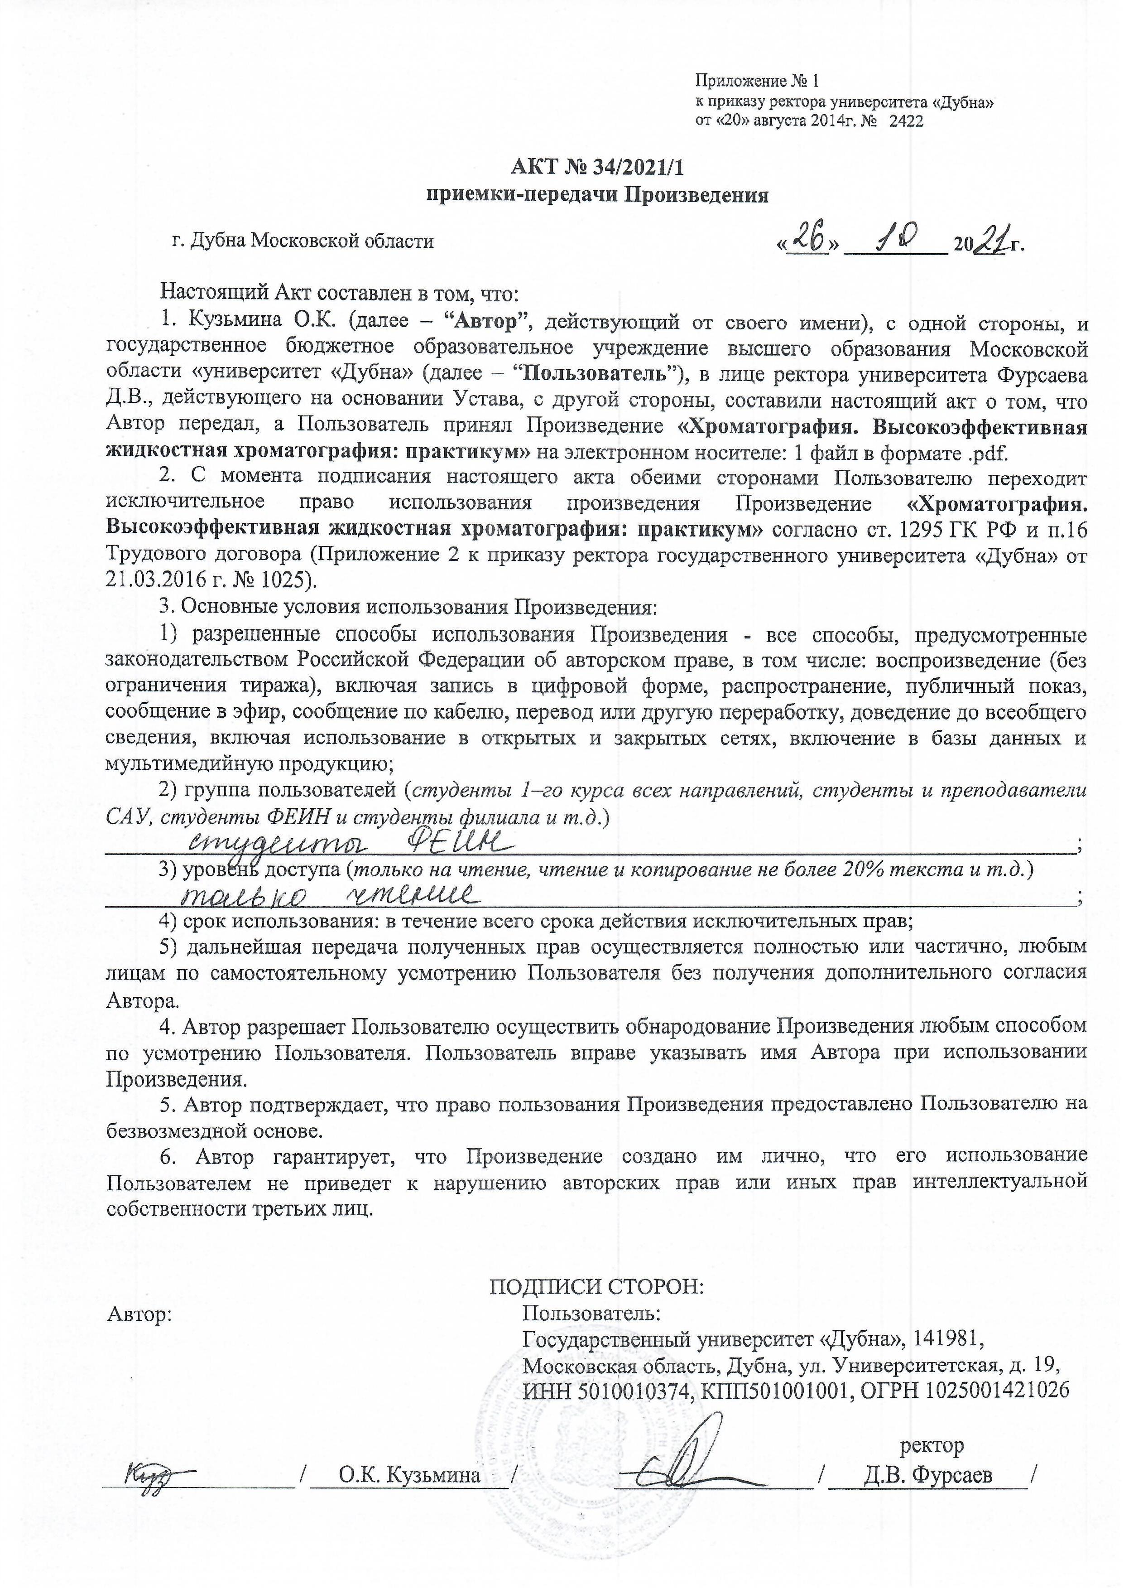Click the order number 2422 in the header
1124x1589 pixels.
click(906, 121)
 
